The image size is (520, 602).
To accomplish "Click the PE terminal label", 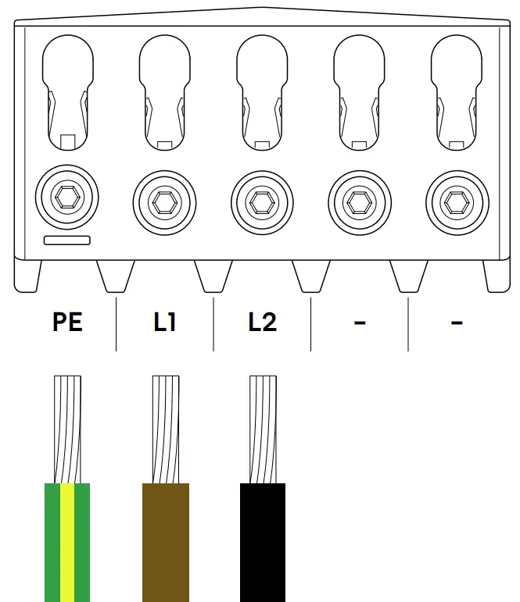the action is [67, 322].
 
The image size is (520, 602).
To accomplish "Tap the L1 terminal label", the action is [165, 322].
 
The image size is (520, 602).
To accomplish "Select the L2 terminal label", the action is [263, 322].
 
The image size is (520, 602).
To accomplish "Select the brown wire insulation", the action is [165, 542].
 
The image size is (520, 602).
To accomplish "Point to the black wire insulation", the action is [263, 542].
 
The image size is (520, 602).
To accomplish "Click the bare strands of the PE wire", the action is [67, 429].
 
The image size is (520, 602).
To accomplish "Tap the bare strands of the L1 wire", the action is [165, 429].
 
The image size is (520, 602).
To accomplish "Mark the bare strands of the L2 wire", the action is [263, 429].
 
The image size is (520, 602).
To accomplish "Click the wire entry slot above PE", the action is [67, 86].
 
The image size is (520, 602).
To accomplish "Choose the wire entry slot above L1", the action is [165, 86].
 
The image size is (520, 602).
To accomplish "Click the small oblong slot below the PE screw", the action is [67, 240].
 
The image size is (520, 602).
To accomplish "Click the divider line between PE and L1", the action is [116, 323].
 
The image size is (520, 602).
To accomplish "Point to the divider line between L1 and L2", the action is [213, 323].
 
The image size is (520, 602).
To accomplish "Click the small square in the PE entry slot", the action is [67, 141].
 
